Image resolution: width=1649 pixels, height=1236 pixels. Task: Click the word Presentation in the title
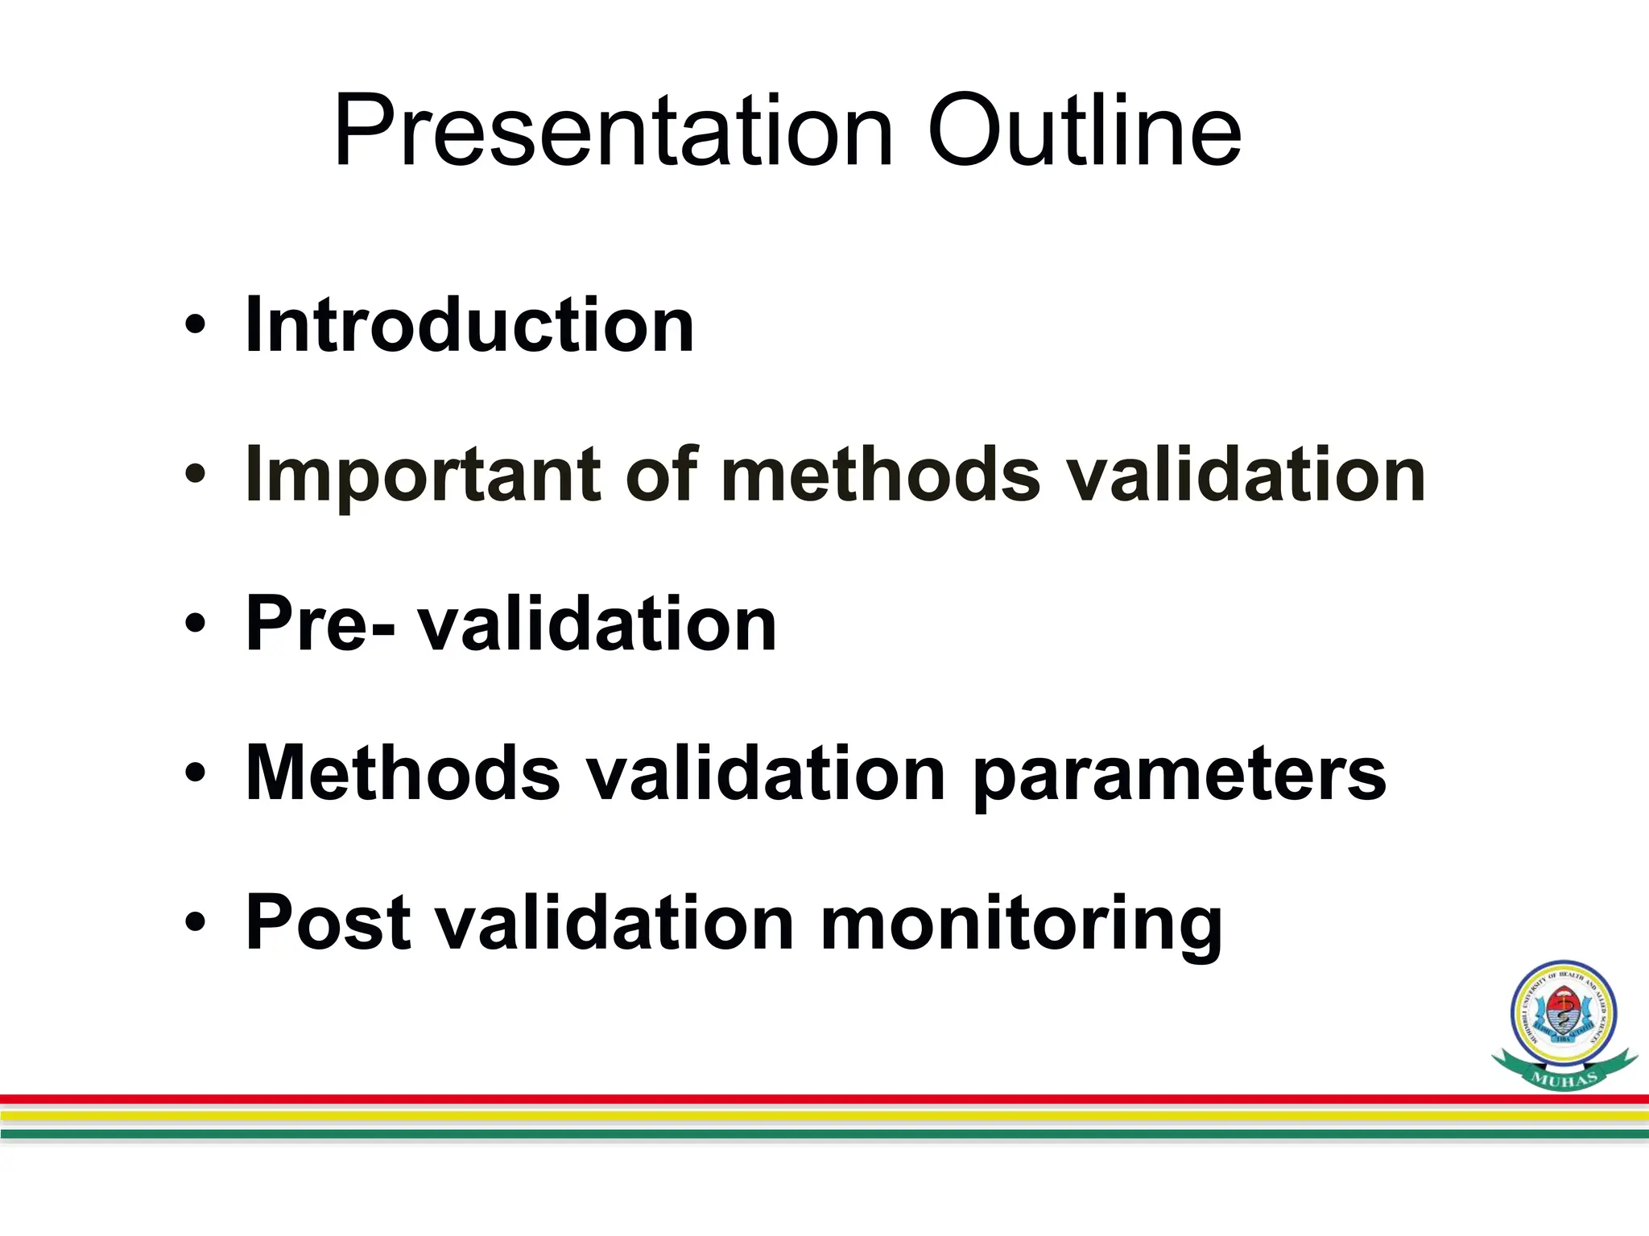click(612, 133)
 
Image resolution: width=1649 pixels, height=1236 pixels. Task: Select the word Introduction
click(469, 324)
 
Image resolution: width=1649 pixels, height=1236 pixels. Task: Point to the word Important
click(423, 476)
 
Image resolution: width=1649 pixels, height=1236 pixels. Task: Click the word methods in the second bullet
click(881, 475)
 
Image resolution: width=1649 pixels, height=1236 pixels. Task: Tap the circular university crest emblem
click(1564, 1015)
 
